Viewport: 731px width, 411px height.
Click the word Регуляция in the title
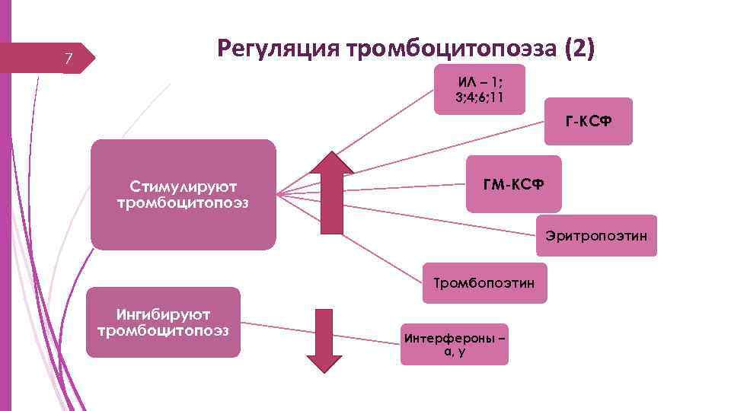point(278,48)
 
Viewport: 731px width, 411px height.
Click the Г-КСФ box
point(588,121)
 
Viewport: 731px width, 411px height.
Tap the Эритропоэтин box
point(596,236)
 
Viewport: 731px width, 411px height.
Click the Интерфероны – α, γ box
point(454,344)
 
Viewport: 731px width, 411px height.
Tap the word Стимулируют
point(183,187)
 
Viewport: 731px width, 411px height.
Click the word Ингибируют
point(163,314)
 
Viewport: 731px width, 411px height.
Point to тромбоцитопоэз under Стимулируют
point(183,203)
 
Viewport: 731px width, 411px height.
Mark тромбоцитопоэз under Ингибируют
point(163,330)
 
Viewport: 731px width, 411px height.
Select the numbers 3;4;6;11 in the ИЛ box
point(480,97)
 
